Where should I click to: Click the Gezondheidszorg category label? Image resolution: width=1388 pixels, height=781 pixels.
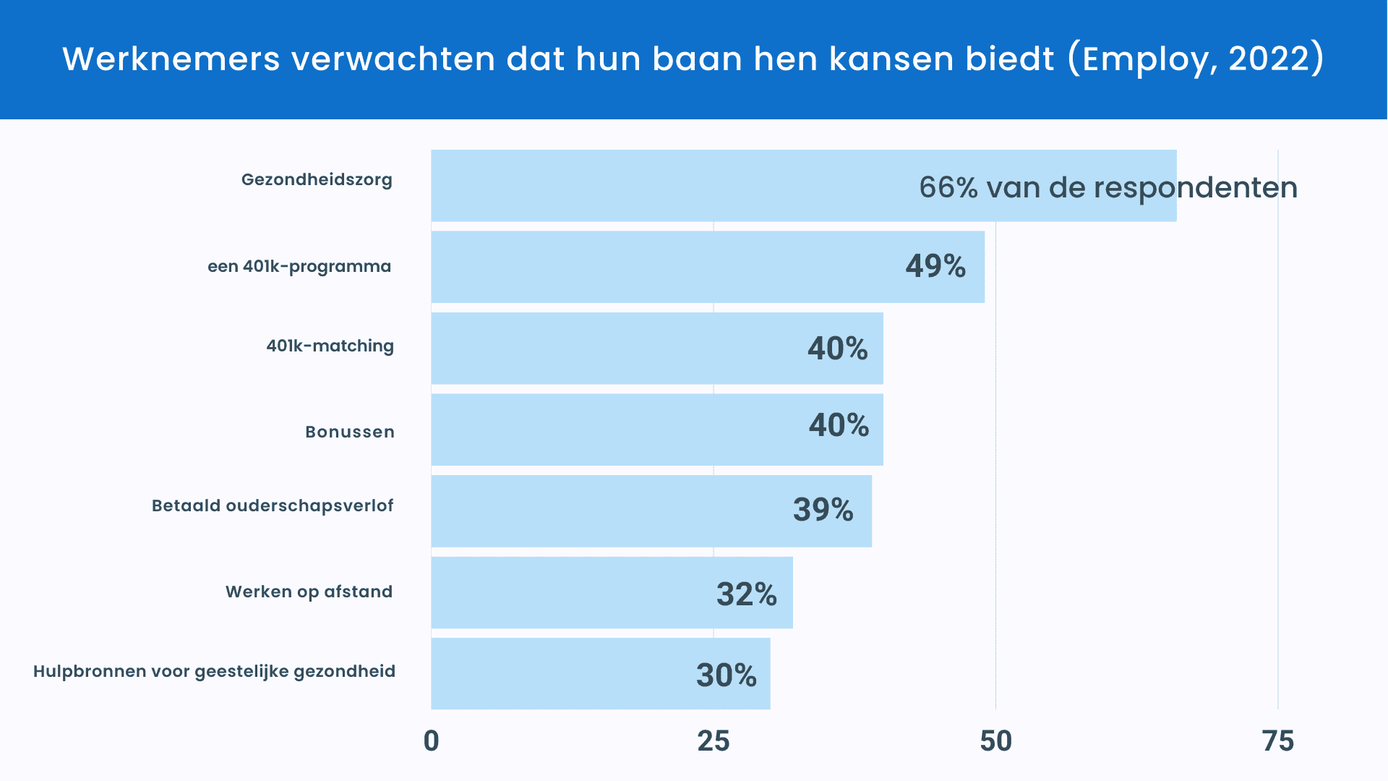[317, 180]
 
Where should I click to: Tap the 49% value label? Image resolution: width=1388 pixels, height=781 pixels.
[935, 266]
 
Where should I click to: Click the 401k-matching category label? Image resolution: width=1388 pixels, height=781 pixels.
[330, 346]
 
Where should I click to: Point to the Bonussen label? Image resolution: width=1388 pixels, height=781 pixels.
[350, 432]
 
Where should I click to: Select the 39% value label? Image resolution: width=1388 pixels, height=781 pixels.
[823, 510]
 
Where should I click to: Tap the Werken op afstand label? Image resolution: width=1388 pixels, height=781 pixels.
[309, 592]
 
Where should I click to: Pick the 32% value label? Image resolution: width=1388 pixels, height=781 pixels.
[746, 594]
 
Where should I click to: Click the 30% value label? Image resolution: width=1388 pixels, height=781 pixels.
[726, 675]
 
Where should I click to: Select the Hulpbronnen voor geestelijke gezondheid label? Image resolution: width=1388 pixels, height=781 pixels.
[214, 671]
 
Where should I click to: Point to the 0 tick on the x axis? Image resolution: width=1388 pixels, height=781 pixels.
[431, 741]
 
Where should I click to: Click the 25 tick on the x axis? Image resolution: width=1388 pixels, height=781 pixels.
[713, 741]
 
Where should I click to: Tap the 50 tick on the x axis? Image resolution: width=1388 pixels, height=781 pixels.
[995, 741]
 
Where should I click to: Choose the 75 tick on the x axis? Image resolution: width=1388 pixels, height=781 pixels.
[1277, 741]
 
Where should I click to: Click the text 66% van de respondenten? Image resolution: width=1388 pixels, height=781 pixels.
[1108, 188]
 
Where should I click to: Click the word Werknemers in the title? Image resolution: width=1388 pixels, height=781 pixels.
[171, 59]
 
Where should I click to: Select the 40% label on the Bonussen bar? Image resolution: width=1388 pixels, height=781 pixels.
[839, 425]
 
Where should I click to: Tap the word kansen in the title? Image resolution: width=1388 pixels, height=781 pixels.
[878, 59]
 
